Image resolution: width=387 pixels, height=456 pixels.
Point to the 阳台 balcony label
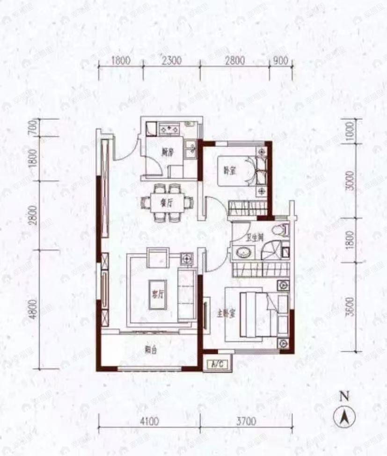[x=150, y=348]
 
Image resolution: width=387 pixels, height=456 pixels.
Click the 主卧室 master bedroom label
[x=227, y=314]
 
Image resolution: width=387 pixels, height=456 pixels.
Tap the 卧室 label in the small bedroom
[x=228, y=171]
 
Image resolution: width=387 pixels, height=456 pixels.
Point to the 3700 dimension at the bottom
[x=246, y=421]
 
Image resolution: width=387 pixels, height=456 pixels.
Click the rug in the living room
[x=160, y=295]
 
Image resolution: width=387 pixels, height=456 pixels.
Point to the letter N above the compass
[x=344, y=397]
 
